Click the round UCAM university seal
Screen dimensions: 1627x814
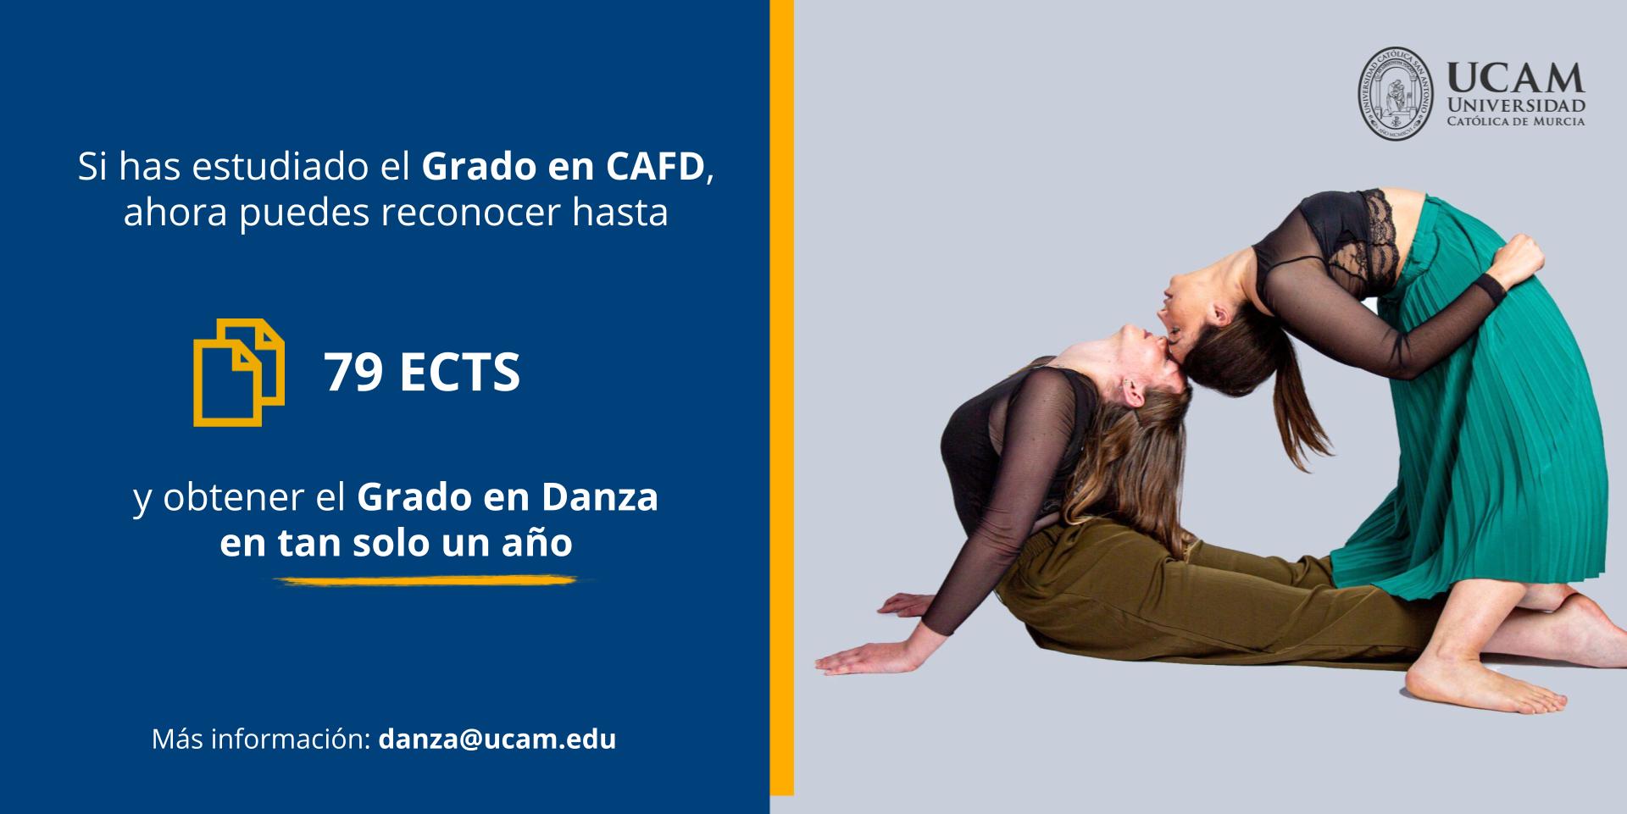tap(1396, 93)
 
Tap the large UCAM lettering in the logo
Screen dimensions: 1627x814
tap(1515, 78)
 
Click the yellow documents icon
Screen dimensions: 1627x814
tap(239, 372)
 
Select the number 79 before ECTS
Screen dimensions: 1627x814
tap(353, 372)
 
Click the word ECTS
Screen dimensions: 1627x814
tap(459, 372)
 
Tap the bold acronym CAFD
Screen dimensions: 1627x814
tap(655, 167)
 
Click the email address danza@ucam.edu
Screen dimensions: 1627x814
tap(497, 739)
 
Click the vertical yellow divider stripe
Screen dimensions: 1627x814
tap(781, 398)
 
